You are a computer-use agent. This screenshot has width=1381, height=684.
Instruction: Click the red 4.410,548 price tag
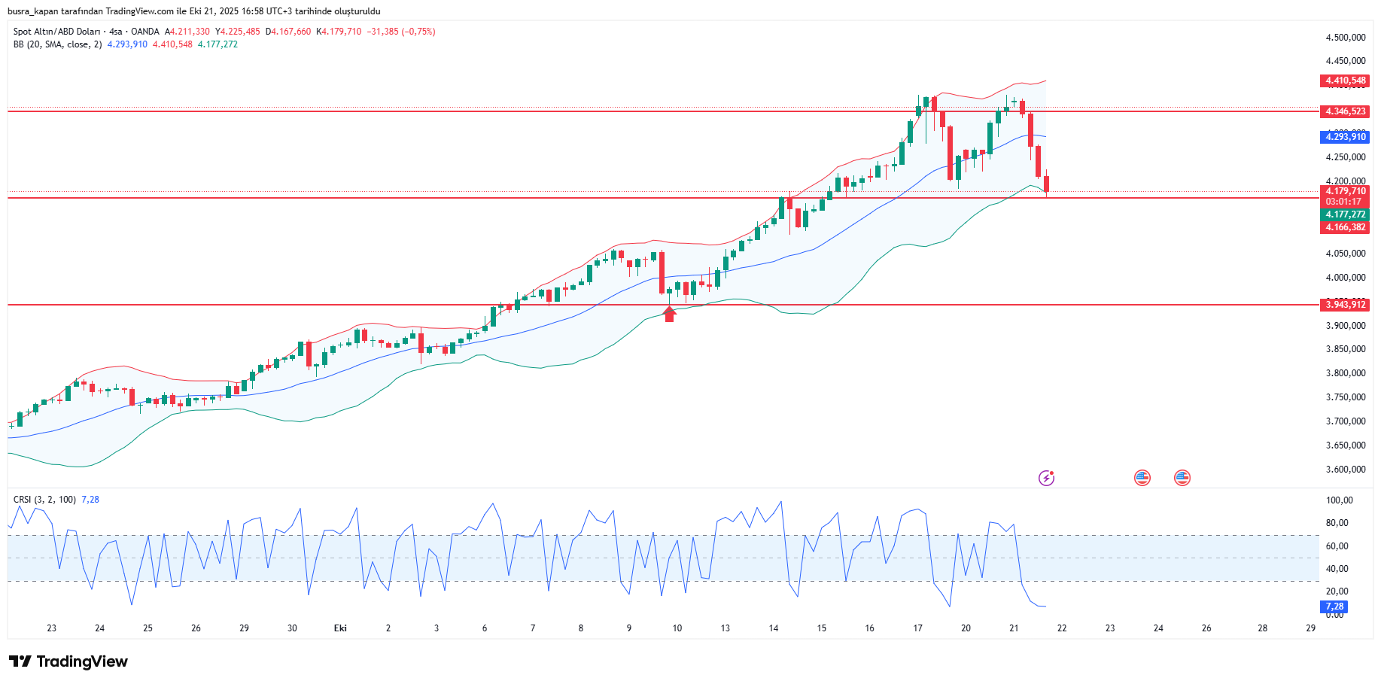(x=1345, y=81)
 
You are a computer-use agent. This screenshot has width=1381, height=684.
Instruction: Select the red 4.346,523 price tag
(x=1345, y=111)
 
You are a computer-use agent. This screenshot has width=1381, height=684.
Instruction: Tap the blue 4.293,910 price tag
(x=1345, y=137)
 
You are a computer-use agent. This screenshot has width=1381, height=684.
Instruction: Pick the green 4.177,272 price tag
(x=1345, y=214)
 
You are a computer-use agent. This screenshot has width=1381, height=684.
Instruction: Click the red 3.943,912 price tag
(x=1345, y=305)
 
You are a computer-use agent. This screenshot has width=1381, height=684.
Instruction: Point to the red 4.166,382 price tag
(x=1345, y=227)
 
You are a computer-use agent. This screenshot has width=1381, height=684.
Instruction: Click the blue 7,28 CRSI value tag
(x=1334, y=606)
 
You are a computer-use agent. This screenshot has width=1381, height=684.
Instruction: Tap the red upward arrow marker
(x=669, y=314)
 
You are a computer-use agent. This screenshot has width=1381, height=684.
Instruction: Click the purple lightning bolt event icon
(x=1046, y=478)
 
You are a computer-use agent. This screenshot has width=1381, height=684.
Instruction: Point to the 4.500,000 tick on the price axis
(x=1345, y=38)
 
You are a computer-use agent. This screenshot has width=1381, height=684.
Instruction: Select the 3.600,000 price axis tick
(x=1345, y=470)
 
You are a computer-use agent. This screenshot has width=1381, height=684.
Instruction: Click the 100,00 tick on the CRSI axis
(x=1339, y=500)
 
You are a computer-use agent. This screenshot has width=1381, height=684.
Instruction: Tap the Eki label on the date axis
(x=340, y=628)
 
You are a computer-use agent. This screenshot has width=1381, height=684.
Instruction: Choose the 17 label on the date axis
(x=917, y=628)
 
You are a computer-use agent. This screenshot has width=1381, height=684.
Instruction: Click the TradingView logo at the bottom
(x=68, y=661)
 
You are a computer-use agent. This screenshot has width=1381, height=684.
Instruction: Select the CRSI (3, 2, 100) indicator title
(x=44, y=500)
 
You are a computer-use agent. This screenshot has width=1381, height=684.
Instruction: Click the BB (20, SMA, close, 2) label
(x=57, y=44)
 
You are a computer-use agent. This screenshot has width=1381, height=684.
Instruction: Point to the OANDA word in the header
(x=144, y=32)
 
